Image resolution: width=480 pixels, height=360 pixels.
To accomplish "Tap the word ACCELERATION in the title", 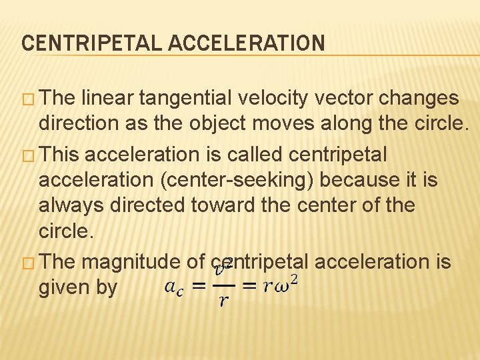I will click(247, 44).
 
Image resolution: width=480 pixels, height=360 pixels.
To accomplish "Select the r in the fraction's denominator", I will click(223, 302).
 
